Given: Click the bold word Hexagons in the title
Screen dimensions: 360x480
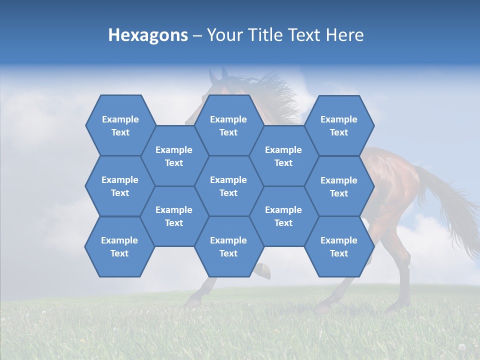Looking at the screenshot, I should pyautogui.click(x=148, y=35).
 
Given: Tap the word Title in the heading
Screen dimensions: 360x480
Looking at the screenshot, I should pyautogui.click(x=275, y=35).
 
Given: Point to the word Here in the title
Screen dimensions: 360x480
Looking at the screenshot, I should pyautogui.click(x=344, y=35).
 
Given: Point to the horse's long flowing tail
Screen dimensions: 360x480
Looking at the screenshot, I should pyautogui.click(x=452, y=210).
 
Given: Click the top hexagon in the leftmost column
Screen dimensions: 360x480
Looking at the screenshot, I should pyautogui.click(x=120, y=125).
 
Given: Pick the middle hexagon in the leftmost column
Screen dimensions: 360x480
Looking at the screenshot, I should pyautogui.click(x=120, y=186).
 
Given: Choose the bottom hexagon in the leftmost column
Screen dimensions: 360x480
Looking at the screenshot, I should pyautogui.click(x=119, y=246).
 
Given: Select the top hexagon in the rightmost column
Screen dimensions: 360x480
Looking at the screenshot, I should pyautogui.click(x=339, y=125).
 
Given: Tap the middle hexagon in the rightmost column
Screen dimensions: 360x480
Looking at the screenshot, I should pyautogui.click(x=339, y=186).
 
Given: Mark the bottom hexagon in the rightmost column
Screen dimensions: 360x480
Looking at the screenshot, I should pyautogui.click(x=339, y=246).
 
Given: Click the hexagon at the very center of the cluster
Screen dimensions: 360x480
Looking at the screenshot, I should pyautogui.click(x=228, y=186).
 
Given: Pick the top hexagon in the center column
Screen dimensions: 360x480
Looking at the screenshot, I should pyautogui.click(x=228, y=125).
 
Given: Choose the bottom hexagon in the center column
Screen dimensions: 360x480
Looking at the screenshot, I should pyautogui.click(x=228, y=246).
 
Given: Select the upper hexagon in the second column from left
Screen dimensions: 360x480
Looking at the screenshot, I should pyautogui.click(x=174, y=156).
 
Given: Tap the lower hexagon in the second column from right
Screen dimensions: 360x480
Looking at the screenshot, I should pyautogui.click(x=283, y=216).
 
